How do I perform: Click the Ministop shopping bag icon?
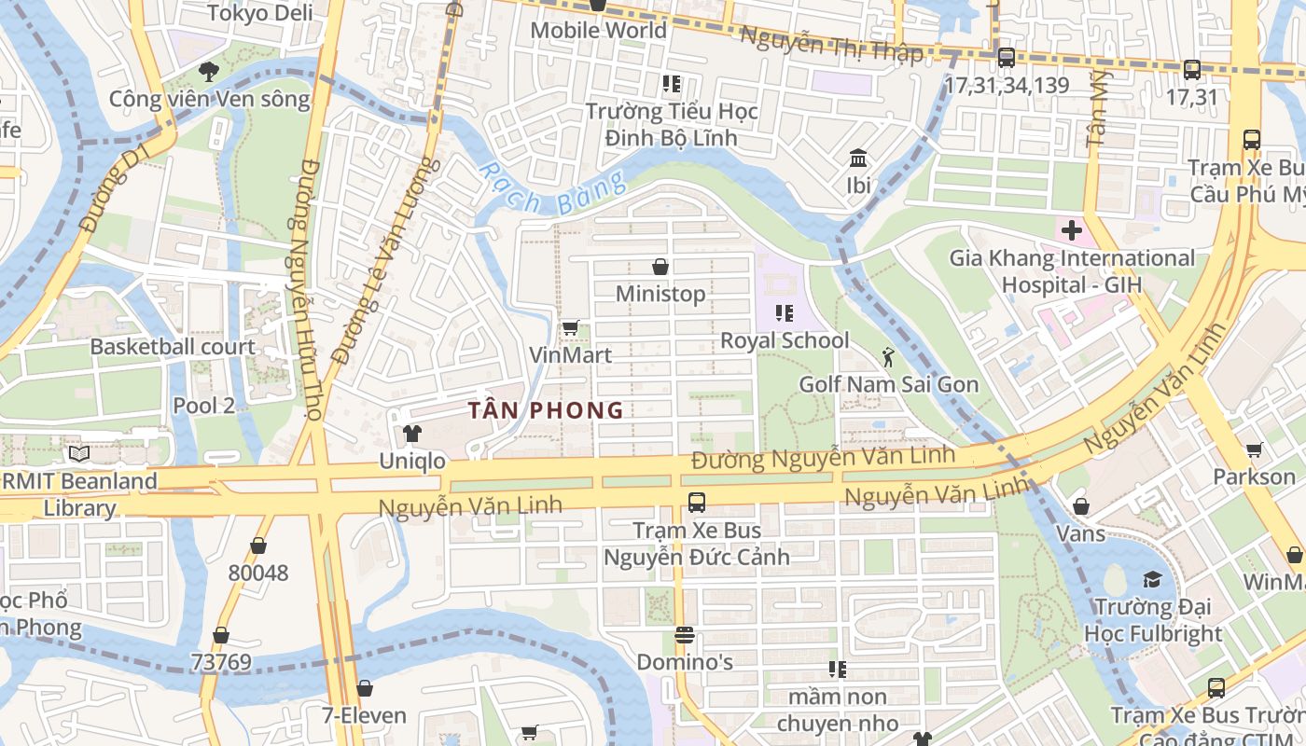[660, 268]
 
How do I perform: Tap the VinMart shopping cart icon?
[570, 328]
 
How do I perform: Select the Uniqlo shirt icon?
[411, 434]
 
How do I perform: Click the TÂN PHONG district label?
[546, 410]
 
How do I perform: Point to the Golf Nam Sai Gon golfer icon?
[888, 356]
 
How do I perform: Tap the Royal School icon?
[784, 313]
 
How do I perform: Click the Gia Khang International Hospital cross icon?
[1071, 229]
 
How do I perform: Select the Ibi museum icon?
[858, 158]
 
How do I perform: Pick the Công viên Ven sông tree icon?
[209, 71]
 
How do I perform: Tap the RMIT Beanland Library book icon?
[79, 454]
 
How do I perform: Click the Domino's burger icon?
[685, 635]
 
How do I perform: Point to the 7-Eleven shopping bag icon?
[365, 689]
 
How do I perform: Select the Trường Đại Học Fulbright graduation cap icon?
[1152, 579]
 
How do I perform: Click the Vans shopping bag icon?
[1080, 507]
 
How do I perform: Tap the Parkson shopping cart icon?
[1255, 449]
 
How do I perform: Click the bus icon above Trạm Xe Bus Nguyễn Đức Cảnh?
[696, 503]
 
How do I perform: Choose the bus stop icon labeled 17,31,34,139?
[1006, 58]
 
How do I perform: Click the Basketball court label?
[173, 347]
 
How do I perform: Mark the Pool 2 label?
[203, 406]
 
